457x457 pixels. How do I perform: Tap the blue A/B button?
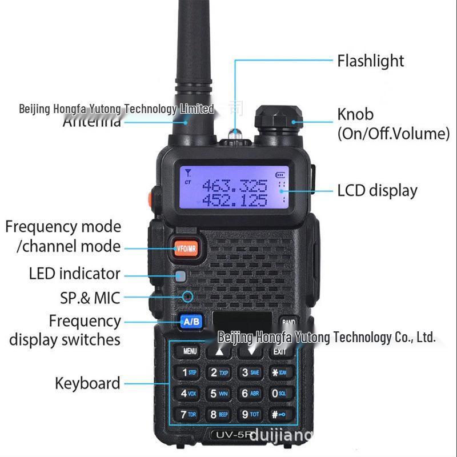191,322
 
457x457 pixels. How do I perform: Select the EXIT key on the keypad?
279,351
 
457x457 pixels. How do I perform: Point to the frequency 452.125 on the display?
234,201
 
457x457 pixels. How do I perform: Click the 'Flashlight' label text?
370,61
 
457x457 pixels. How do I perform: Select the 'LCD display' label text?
377,190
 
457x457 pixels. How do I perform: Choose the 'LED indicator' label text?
75,274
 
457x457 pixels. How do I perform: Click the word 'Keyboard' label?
87,383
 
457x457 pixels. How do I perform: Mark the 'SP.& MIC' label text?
90,298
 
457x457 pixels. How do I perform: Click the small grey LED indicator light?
181,277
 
